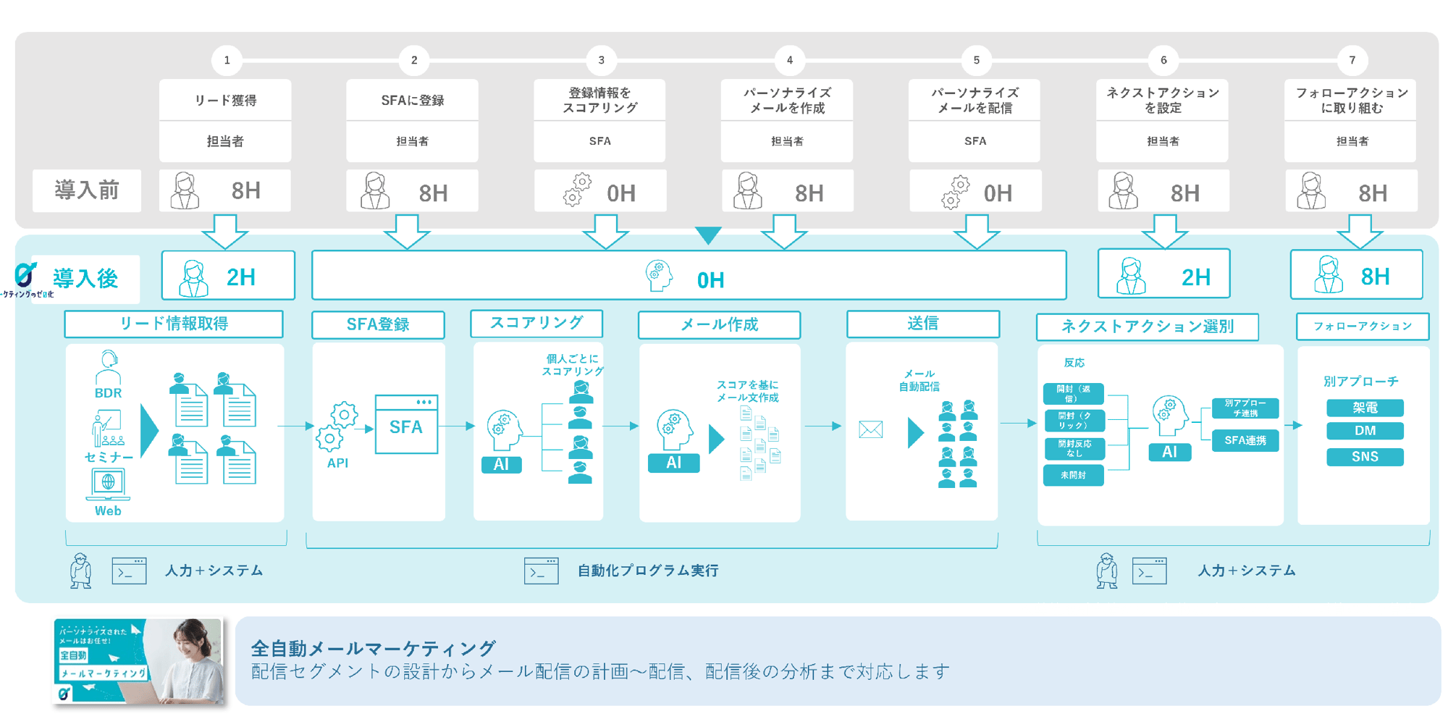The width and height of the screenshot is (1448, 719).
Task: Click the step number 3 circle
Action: pyautogui.click(x=601, y=60)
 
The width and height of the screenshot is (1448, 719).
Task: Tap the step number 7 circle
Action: pyautogui.click(x=1352, y=60)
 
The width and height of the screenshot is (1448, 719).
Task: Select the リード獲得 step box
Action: pyautogui.click(x=225, y=101)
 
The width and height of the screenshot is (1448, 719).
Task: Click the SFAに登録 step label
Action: pyautogui.click(x=412, y=101)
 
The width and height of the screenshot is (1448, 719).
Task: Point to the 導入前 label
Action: pyautogui.click(x=87, y=190)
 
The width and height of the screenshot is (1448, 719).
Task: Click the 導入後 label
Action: pyautogui.click(x=85, y=278)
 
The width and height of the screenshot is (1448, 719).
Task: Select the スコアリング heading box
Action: pyautogui.click(x=536, y=323)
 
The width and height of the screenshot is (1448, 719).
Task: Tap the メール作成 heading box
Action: pyautogui.click(x=719, y=324)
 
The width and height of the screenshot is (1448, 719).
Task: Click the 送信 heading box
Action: pyautogui.click(x=923, y=324)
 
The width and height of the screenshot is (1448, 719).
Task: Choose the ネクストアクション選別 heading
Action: pyautogui.click(x=1148, y=327)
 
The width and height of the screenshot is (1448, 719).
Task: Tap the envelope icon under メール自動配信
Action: pyautogui.click(x=870, y=429)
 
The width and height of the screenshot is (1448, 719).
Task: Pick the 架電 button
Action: pyautogui.click(x=1365, y=408)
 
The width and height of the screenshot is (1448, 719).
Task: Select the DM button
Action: pyautogui.click(x=1365, y=431)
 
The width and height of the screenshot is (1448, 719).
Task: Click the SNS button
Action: pyautogui.click(x=1365, y=457)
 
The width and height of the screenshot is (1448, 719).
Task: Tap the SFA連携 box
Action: pyautogui.click(x=1245, y=440)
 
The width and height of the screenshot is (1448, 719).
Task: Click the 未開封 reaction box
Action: pyautogui.click(x=1073, y=476)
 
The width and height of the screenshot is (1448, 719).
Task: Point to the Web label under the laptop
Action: pyautogui.click(x=108, y=511)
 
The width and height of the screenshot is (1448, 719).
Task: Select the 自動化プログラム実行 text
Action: pyautogui.click(x=648, y=571)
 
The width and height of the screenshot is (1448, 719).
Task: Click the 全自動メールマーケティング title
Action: pyautogui.click(x=374, y=648)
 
